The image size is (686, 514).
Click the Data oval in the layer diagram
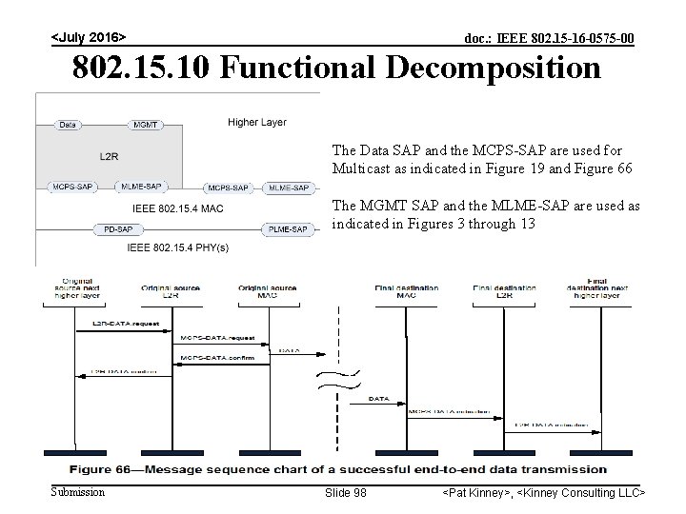point(68,124)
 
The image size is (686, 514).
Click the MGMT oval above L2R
point(144,124)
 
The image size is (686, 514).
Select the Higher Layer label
point(256,122)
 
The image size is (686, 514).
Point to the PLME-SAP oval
point(287,229)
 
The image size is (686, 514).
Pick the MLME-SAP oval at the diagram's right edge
point(289,188)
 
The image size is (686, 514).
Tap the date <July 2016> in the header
point(88,37)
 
